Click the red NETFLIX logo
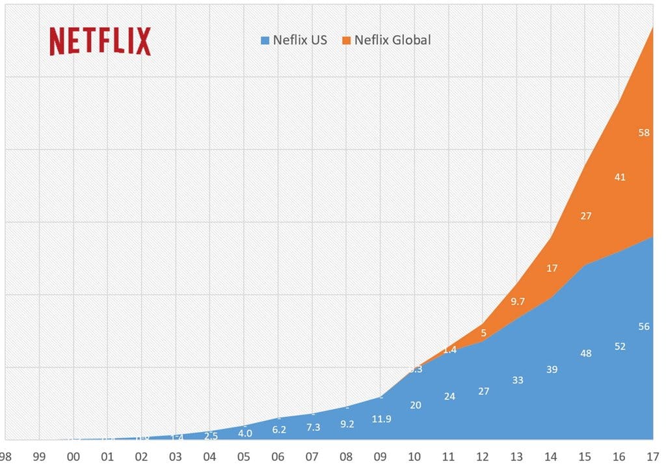100,41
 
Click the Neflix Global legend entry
392,40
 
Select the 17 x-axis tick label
652,457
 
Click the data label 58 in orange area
644,133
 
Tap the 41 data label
620,176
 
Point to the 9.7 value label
518,301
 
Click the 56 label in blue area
644,327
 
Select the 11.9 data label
381,419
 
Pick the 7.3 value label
313,427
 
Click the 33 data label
518,379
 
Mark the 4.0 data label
245,433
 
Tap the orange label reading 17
552,267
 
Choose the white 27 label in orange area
585,215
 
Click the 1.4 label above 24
449,350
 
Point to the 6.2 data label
278,430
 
